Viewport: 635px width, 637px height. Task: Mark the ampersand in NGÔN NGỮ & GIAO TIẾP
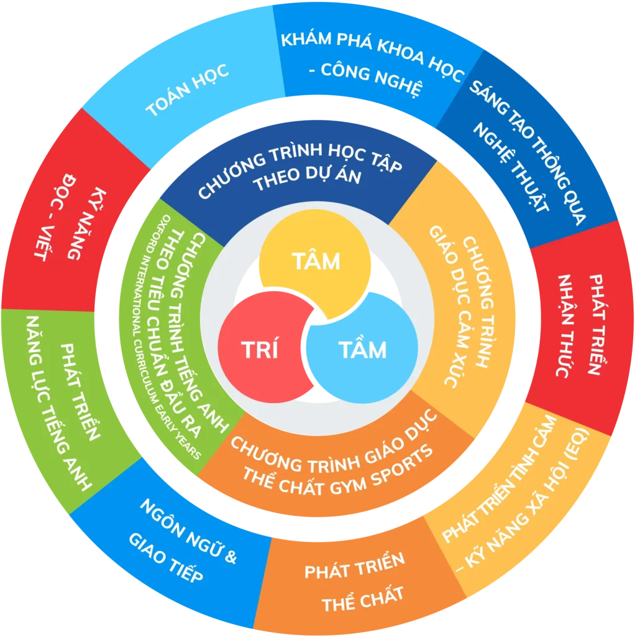point(230,557)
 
